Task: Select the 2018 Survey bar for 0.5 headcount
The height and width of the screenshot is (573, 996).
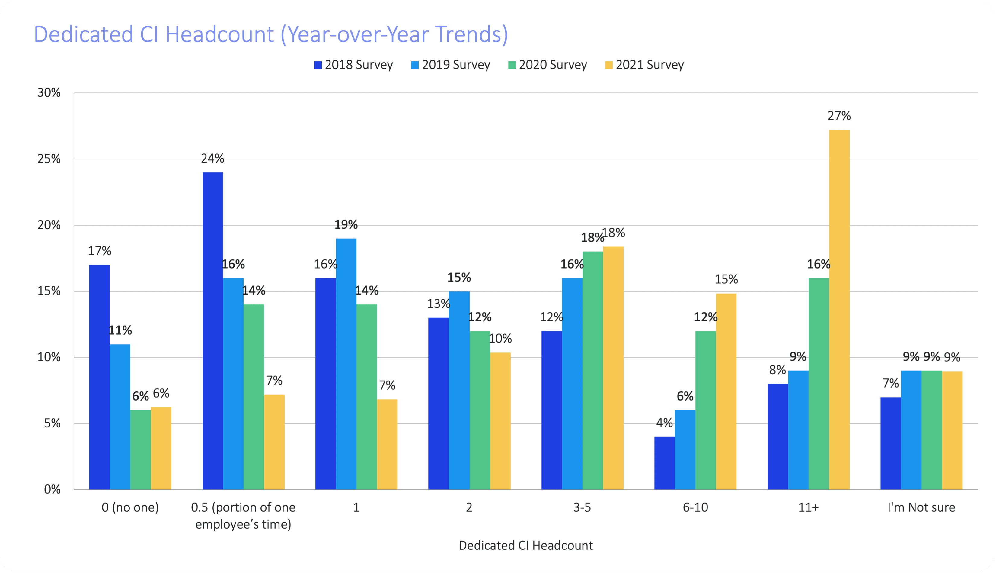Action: coord(212,330)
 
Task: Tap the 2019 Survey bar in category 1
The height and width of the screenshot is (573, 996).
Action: coord(346,364)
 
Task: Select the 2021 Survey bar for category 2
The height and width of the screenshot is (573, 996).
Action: coord(500,421)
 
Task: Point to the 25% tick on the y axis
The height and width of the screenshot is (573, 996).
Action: coord(49,159)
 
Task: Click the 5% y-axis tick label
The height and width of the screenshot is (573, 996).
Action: coord(52,423)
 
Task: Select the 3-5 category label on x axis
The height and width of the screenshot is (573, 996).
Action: coord(582,507)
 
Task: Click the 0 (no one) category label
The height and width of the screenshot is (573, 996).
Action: coord(130,507)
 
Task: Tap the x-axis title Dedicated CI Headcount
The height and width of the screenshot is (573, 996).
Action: coord(525,546)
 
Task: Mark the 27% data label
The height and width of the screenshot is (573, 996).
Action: coord(839,116)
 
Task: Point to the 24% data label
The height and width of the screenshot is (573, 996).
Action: coord(212,158)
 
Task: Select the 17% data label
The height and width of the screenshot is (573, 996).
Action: coord(100,251)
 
